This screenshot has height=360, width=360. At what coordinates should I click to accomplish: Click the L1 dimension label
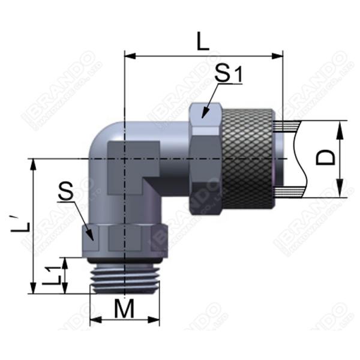point(54,275)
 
